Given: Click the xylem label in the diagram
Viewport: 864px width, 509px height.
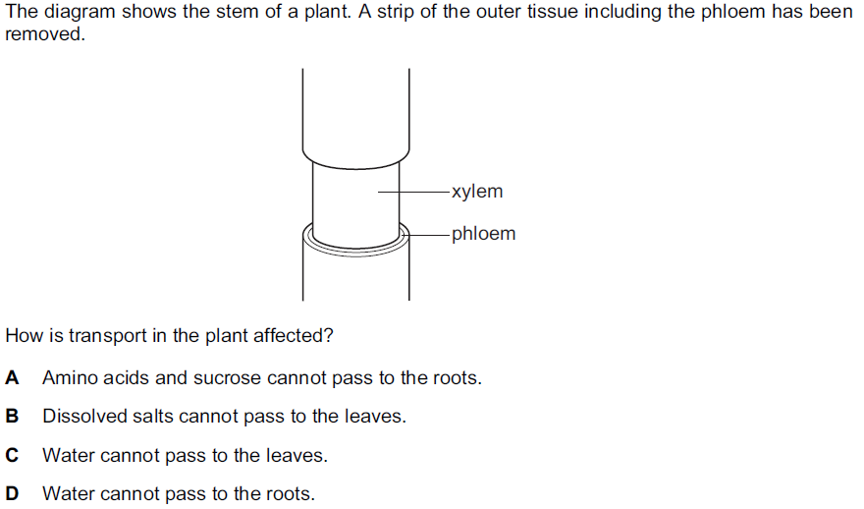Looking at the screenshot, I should (x=477, y=192).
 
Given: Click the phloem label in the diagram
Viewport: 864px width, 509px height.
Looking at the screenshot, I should (x=483, y=234).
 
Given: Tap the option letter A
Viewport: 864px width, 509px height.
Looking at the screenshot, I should (x=12, y=377).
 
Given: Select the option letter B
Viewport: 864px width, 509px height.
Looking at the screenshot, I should (x=12, y=416).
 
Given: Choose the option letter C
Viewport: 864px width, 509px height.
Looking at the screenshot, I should (x=12, y=455).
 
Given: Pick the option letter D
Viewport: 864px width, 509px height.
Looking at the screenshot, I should (x=12, y=493).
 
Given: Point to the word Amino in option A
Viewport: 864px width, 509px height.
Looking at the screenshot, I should (x=68, y=377).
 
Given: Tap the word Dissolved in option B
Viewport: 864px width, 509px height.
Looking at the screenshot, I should (x=81, y=416).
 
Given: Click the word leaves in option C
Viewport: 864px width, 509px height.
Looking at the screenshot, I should (x=296, y=455).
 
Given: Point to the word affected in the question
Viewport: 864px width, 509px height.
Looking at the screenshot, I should (x=294, y=335).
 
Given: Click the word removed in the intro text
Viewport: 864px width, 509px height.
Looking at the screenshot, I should (x=44, y=34).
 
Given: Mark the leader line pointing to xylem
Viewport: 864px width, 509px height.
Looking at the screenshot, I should (x=412, y=192).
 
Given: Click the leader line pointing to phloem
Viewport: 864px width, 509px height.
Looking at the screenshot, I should (x=425, y=235).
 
